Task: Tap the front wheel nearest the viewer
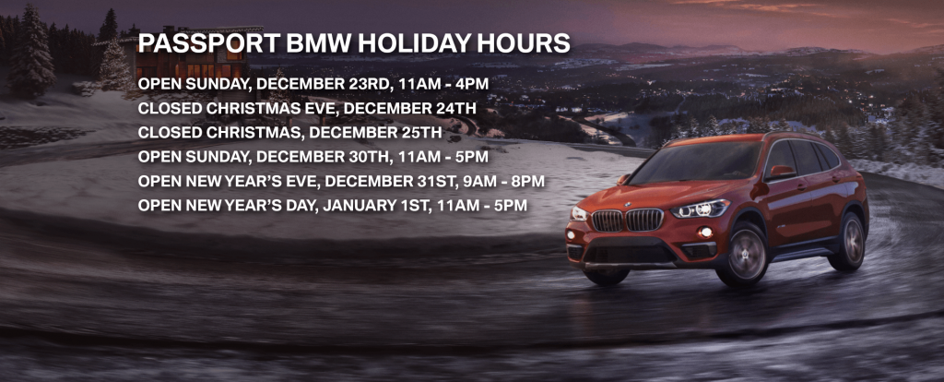tap(747, 253)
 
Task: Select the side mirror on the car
tap(779, 172)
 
